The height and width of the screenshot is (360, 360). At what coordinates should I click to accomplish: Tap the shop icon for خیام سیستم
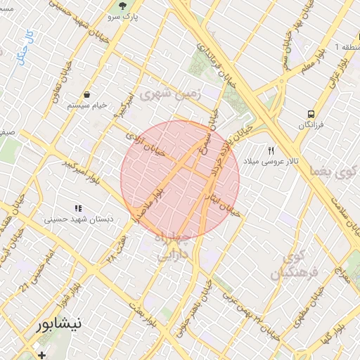tap(86, 94)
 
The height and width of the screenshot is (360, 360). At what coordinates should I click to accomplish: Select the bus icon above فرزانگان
tap(310, 113)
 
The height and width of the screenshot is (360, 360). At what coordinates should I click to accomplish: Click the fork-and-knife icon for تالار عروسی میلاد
tap(271, 150)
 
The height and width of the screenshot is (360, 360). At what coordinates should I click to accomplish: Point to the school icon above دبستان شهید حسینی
tap(78, 208)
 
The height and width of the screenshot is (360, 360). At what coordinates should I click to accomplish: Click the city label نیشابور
tap(59, 324)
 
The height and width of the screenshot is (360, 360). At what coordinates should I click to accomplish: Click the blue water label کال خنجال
tap(28, 48)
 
